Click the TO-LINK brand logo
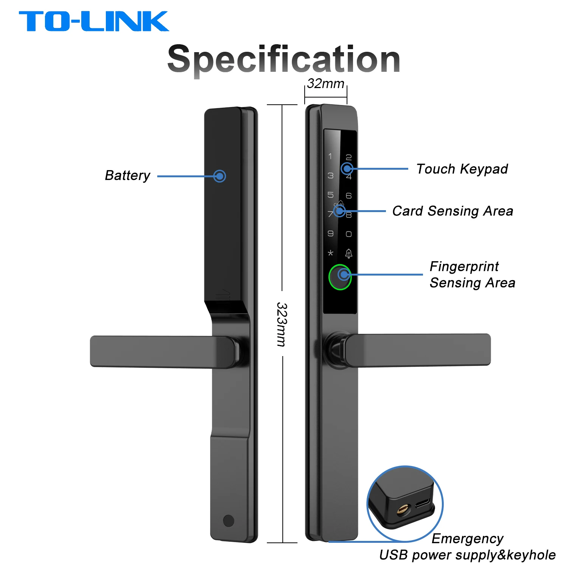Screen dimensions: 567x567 tap(94, 21)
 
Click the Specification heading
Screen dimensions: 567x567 tap(283, 59)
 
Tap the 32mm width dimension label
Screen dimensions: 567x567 tap(325, 84)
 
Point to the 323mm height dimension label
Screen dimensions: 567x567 tap(282, 324)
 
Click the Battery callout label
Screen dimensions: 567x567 tap(127, 175)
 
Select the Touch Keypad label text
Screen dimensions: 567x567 tap(462, 169)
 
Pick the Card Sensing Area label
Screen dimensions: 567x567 tap(452, 211)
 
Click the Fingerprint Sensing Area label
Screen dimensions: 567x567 tap(472, 274)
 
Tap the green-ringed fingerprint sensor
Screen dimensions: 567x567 tap(340, 277)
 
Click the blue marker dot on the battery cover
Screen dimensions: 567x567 tap(220, 176)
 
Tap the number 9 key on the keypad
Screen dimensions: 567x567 tap(330, 233)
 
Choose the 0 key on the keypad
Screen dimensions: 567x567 tap(349, 234)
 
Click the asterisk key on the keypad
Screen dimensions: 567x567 tap(330, 253)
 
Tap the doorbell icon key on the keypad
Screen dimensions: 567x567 tap(349, 253)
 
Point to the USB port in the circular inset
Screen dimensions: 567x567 tap(422, 503)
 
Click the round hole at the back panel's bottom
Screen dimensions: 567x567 tap(229, 521)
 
